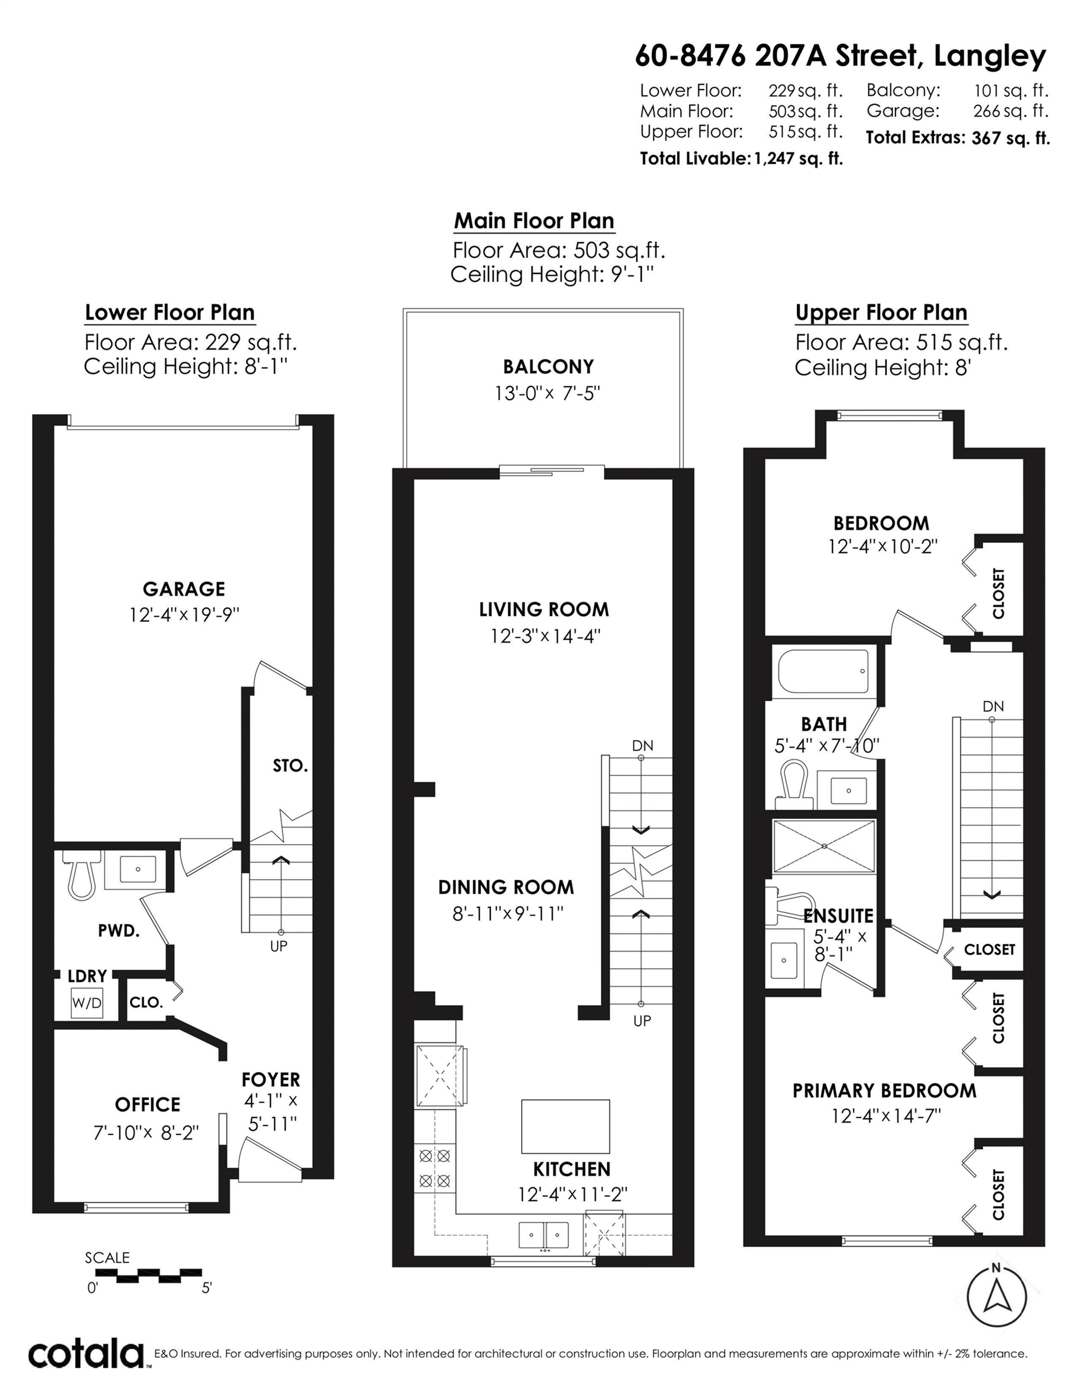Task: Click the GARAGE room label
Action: coord(184,589)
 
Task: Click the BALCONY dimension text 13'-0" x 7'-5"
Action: coord(547,393)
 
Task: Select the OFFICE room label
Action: coord(147,1104)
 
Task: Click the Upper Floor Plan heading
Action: coord(881,313)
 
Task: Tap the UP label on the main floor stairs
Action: coord(642,1021)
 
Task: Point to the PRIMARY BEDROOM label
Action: coord(884,1090)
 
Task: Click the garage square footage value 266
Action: coord(986,111)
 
